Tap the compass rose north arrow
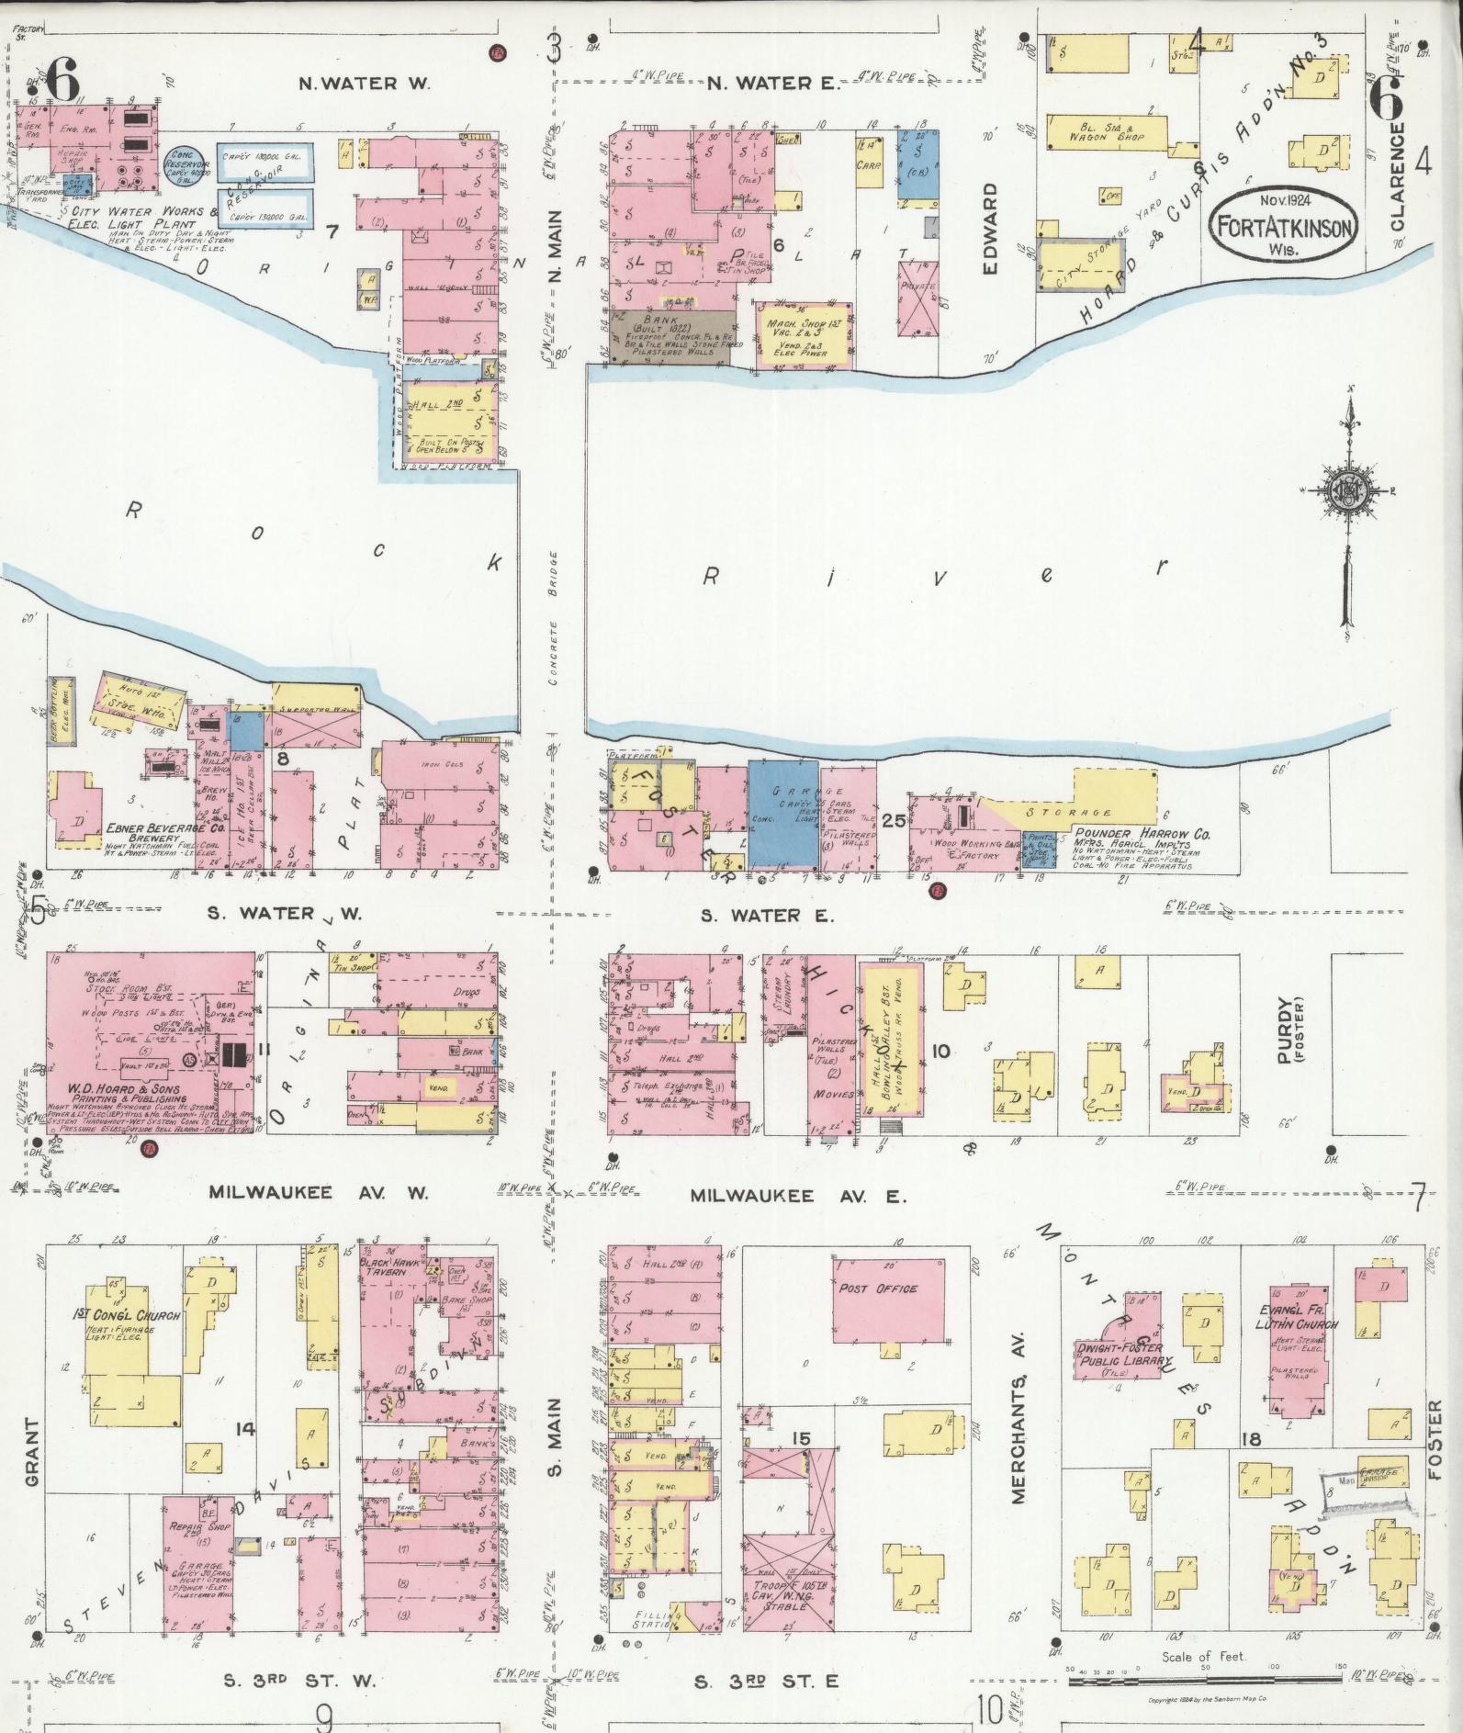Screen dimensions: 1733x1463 [1350, 496]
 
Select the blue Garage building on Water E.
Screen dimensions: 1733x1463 [782, 815]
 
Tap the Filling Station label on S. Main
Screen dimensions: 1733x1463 [659, 1615]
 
